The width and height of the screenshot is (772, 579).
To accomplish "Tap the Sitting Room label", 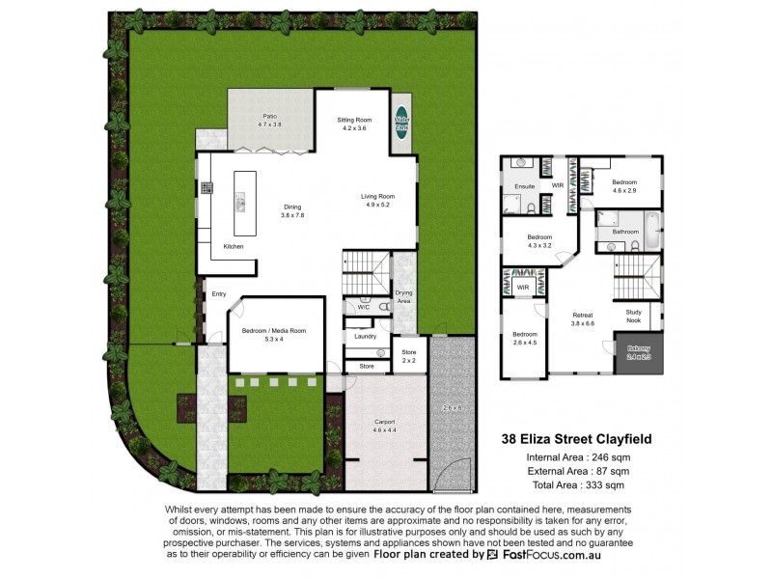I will [x=353, y=124].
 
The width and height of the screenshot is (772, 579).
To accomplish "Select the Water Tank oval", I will [x=400, y=122].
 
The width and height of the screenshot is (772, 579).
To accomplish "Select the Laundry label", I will [x=365, y=336].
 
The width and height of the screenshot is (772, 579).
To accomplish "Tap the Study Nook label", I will [x=633, y=315].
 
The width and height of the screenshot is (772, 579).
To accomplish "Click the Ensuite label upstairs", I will [x=524, y=185].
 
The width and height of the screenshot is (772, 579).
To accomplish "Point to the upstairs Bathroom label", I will [x=625, y=232].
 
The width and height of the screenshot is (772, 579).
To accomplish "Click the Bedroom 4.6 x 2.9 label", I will [x=623, y=185].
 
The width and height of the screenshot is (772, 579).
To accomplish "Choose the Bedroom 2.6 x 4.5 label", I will [x=525, y=340].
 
